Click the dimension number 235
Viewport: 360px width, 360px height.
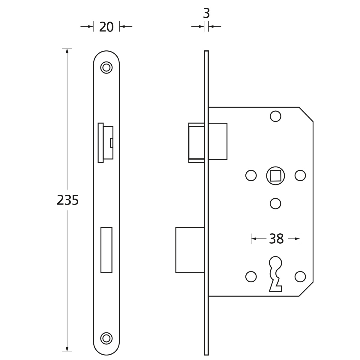67,200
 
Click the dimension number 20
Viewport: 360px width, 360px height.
106,27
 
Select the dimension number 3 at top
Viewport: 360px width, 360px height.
206,13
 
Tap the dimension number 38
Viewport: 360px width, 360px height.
276,239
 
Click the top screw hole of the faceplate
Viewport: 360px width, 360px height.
106,67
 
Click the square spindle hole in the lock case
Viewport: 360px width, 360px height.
276,175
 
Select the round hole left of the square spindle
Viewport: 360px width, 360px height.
251,175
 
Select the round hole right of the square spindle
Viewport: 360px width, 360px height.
300,175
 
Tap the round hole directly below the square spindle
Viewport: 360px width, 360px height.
276,203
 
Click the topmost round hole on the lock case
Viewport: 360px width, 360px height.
276,116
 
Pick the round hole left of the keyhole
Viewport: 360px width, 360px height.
251,277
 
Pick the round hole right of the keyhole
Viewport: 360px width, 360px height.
300,277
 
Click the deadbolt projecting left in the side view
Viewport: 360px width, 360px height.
190,250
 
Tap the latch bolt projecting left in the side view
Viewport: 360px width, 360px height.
196,143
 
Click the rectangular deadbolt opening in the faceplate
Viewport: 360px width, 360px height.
106,250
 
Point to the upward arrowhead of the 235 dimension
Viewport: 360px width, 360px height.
67,51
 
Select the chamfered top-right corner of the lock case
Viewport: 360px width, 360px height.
306,114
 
